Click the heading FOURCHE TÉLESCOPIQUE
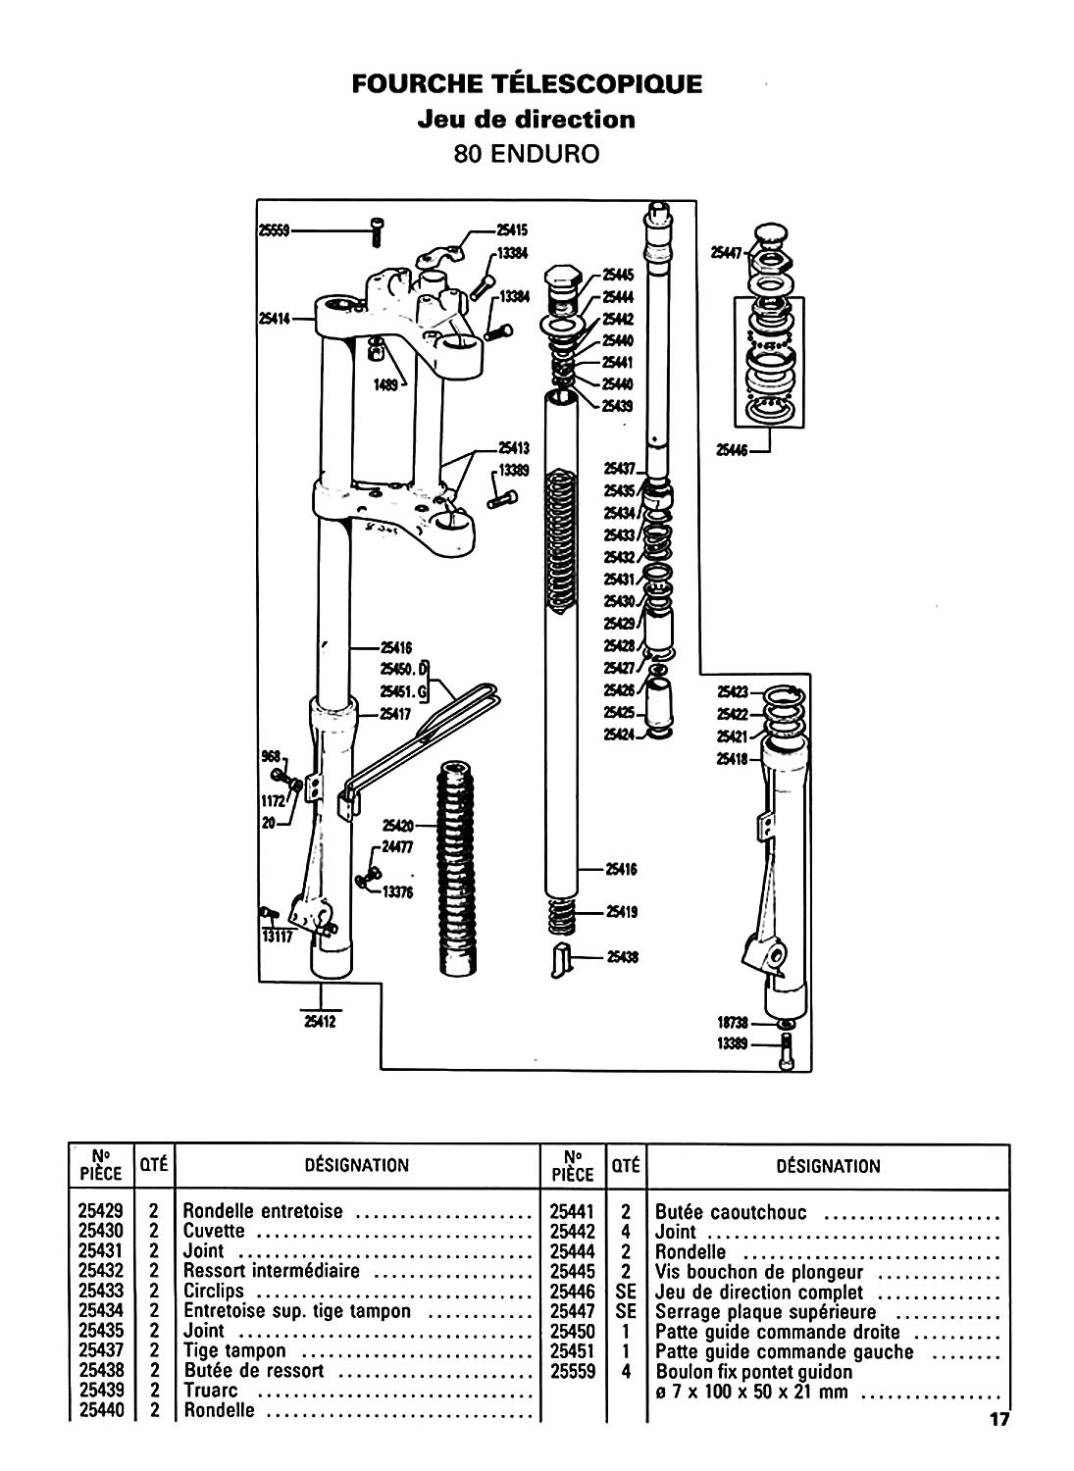(x=528, y=83)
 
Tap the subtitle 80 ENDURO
(x=527, y=154)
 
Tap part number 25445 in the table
(x=573, y=1271)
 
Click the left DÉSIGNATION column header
(x=357, y=1165)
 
